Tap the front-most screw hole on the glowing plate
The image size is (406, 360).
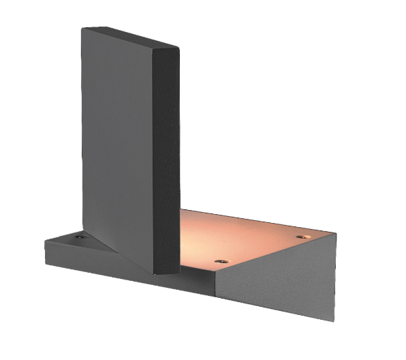(219, 261)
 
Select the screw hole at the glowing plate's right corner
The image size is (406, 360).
(300, 236)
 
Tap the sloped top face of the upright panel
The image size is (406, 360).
(129, 37)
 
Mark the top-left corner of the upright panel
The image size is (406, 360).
(82, 29)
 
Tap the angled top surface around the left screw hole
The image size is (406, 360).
(68, 240)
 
